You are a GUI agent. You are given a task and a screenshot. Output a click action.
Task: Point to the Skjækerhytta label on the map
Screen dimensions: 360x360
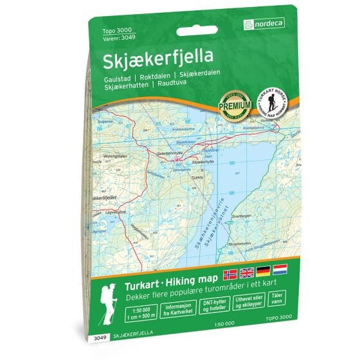tap(201, 163)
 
